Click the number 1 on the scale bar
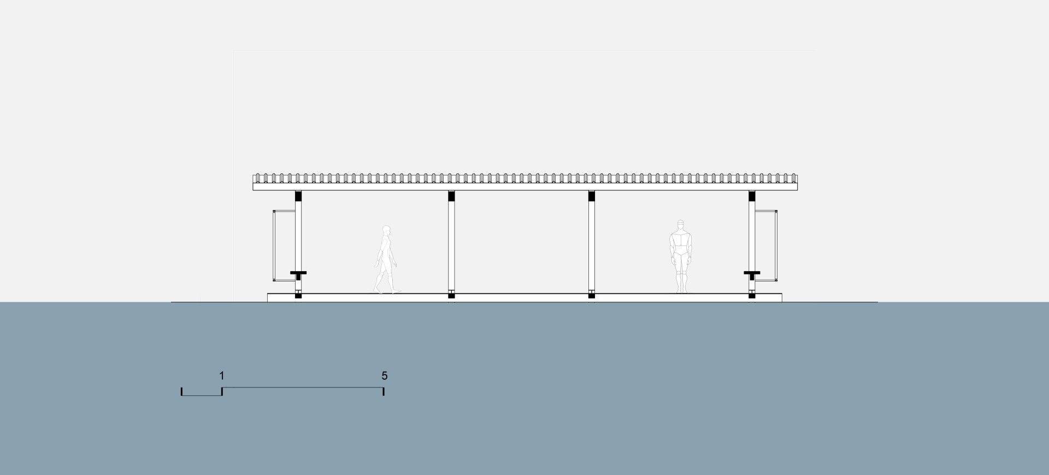[221, 376]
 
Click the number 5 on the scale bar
[385, 376]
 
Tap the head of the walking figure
[387, 230]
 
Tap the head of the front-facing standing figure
[680, 225]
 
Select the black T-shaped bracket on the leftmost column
[298, 272]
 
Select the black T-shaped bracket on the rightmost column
[752, 272]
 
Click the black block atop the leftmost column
[298, 196]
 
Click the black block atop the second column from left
[451, 196]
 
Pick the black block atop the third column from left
[592, 196]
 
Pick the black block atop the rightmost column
[752, 196]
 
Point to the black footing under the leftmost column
[298, 296]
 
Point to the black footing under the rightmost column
[752, 296]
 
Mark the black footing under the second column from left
[451, 296]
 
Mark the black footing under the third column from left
[592, 296]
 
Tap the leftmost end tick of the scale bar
[182, 391]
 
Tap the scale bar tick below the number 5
[384, 391]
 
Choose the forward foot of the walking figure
[396, 291]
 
